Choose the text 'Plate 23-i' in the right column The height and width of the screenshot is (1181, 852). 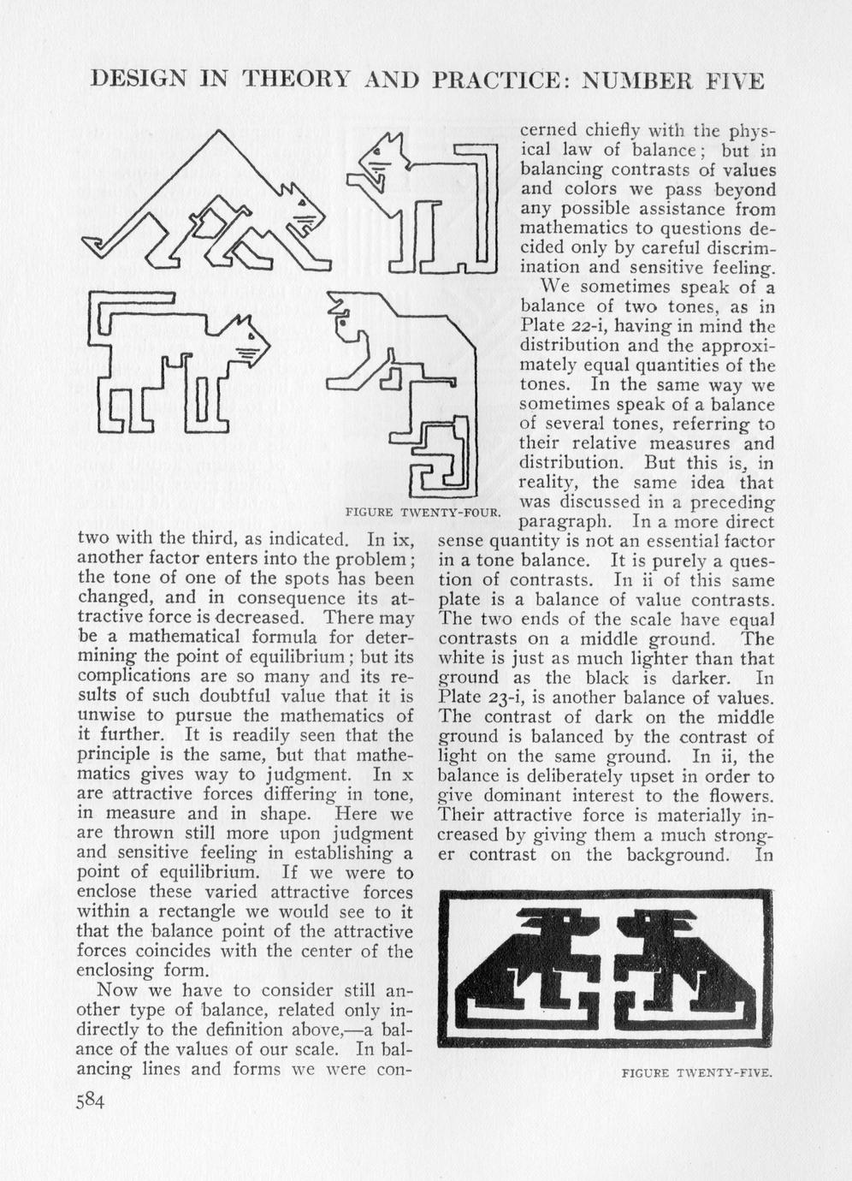[x=478, y=697]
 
